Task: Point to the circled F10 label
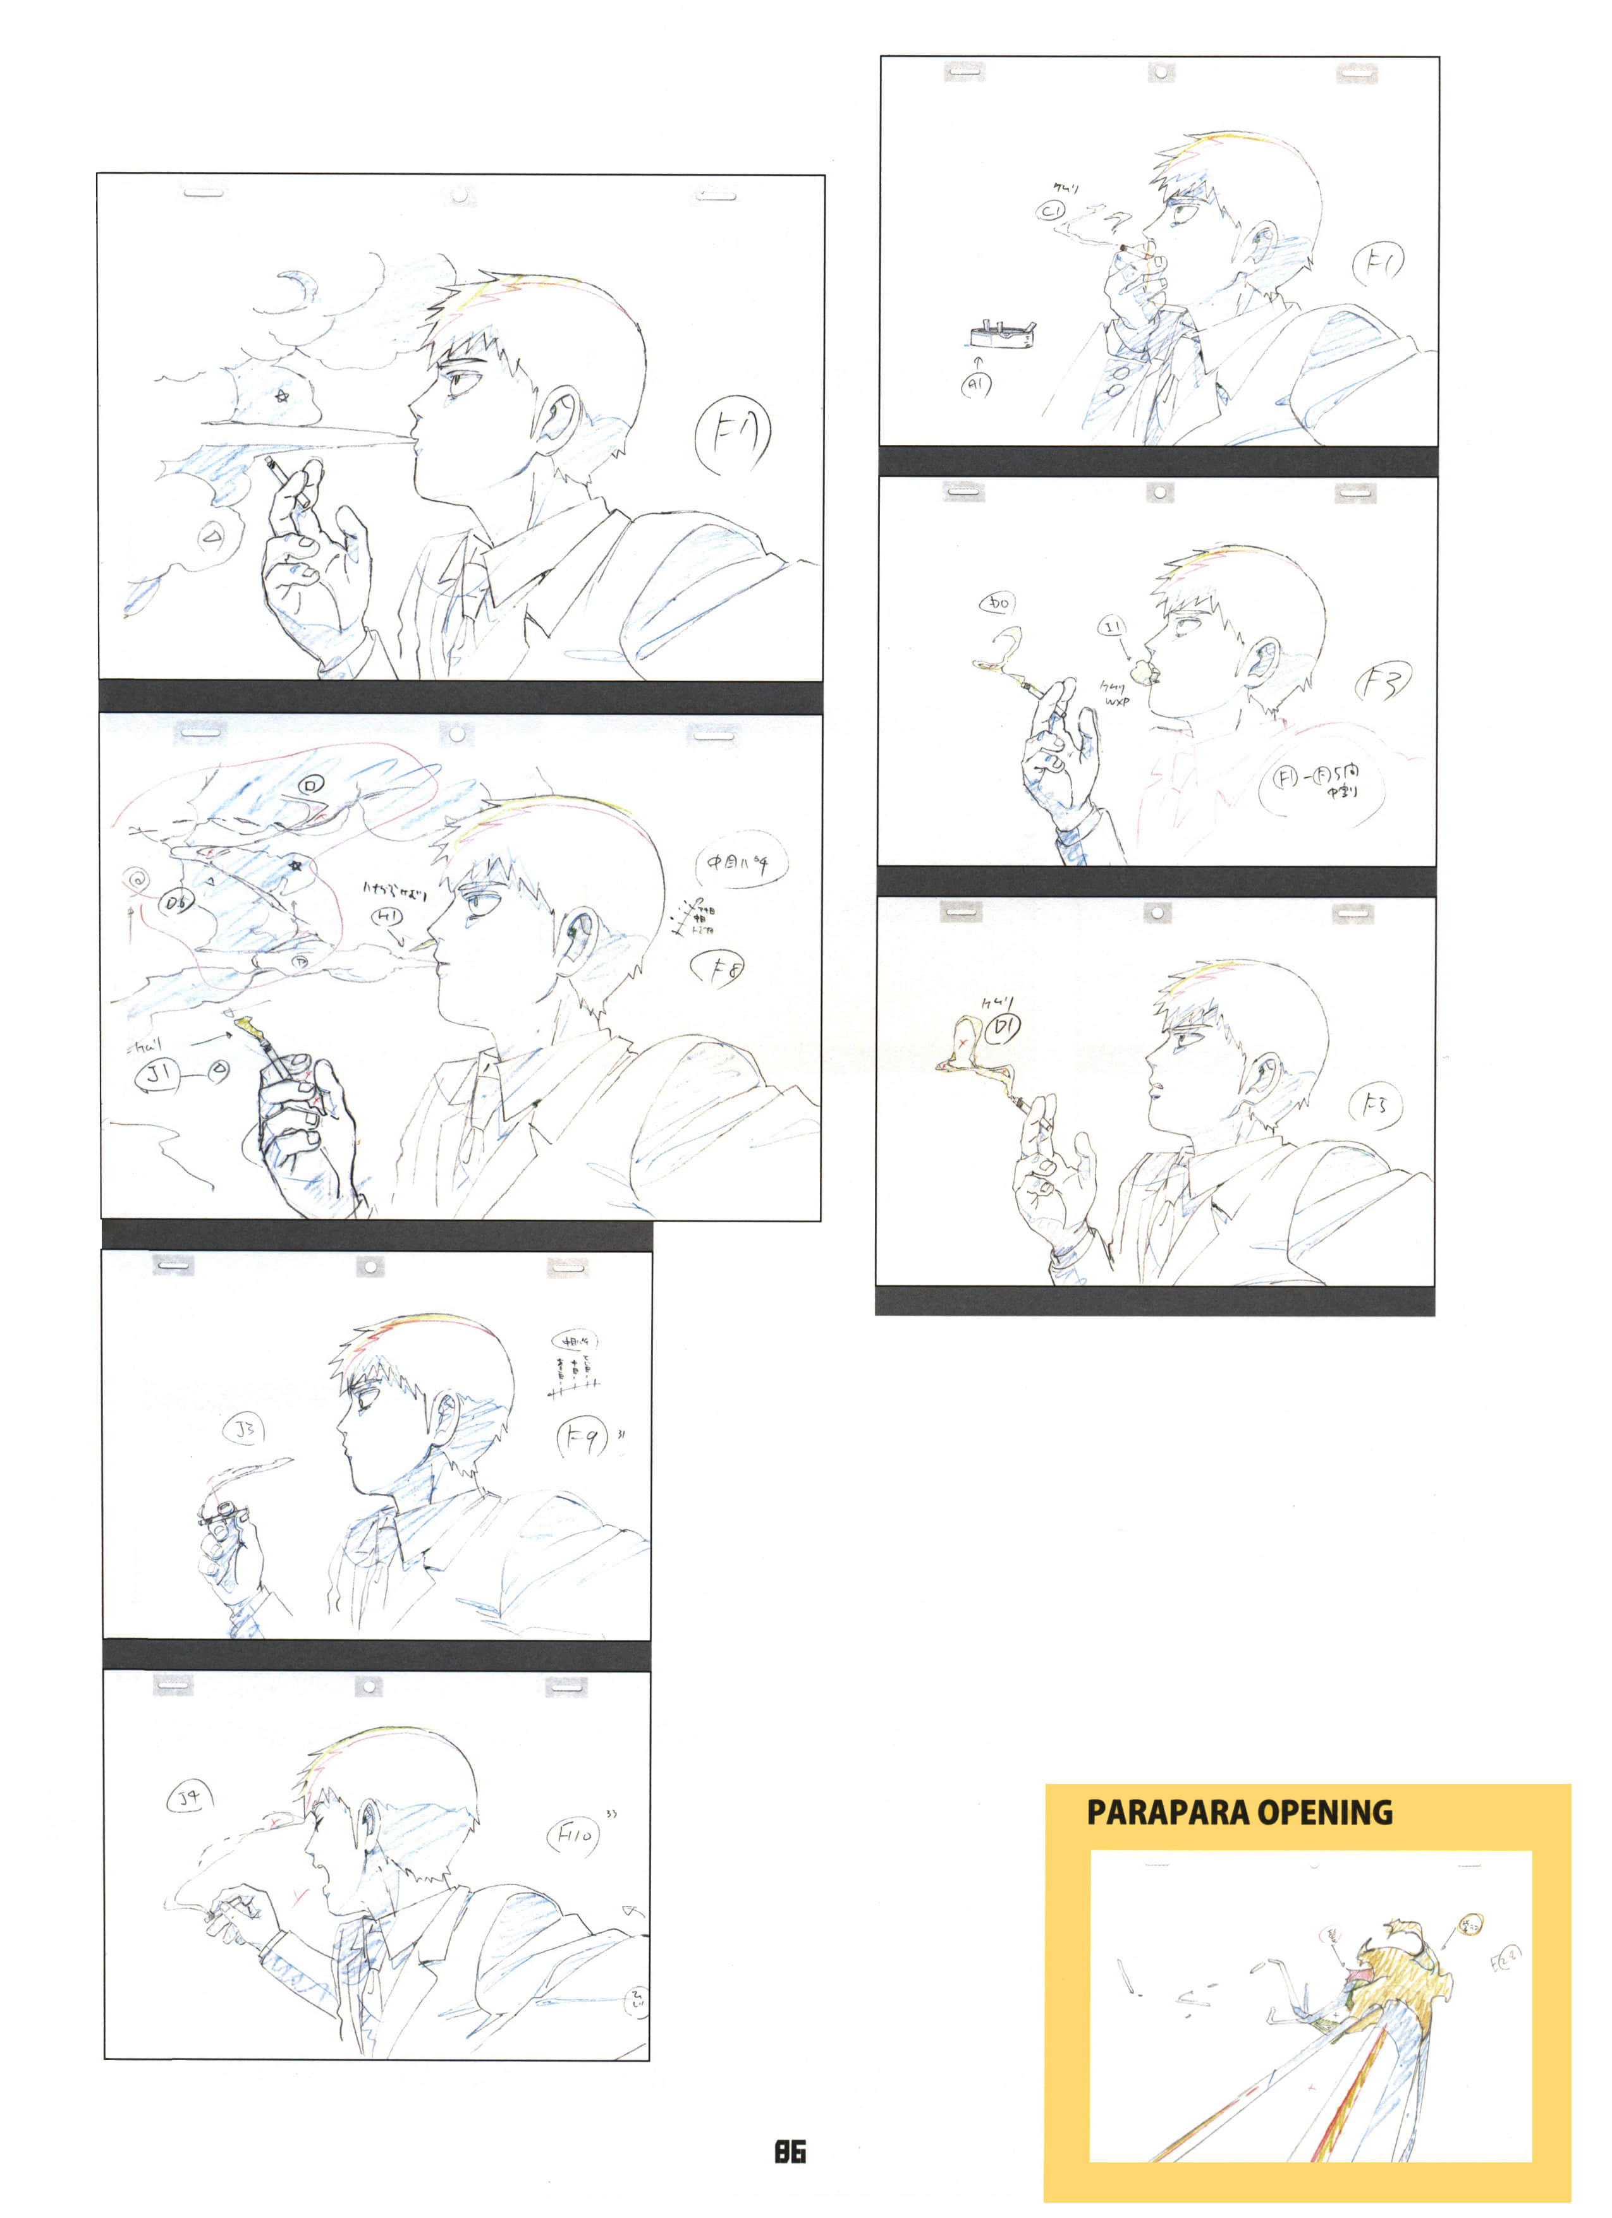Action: point(573,1836)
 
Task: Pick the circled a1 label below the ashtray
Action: point(975,385)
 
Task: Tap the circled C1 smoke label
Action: point(1051,210)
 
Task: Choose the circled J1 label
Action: point(157,1075)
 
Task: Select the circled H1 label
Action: point(388,916)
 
